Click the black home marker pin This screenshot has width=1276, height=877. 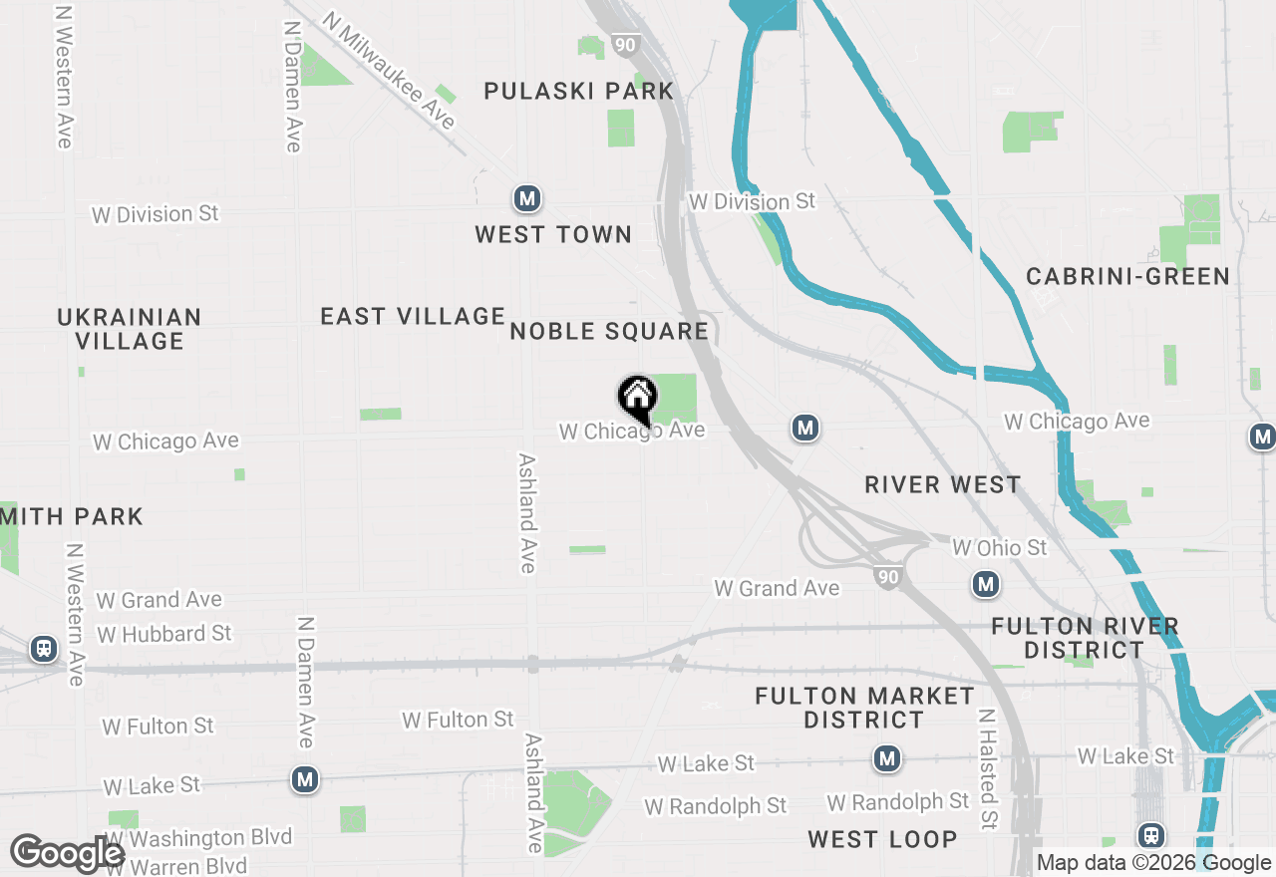point(638,399)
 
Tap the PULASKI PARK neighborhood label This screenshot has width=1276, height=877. point(579,92)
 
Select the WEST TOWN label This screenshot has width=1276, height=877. point(553,235)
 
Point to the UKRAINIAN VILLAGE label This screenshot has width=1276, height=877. point(130,329)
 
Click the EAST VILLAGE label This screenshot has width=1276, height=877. point(413,317)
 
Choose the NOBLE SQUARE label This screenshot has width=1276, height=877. point(608,332)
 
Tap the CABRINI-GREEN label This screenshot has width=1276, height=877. point(1128,277)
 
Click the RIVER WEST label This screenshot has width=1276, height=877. point(943,485)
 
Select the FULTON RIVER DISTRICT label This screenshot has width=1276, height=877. point(1085,638)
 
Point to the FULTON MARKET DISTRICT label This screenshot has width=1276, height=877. point(864,708)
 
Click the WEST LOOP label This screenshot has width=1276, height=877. point(882,840)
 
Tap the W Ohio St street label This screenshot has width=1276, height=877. point(1000,548)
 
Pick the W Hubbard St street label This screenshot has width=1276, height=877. point(164,634)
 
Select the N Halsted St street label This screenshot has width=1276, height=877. point(988,769)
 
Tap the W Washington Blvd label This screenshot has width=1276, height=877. point(200,838)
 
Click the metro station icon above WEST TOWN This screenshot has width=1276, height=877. point(527,199)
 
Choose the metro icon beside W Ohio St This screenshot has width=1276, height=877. point(986,584)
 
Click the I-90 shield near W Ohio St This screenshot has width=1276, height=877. point(887,575)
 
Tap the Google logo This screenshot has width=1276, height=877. point(68,853)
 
